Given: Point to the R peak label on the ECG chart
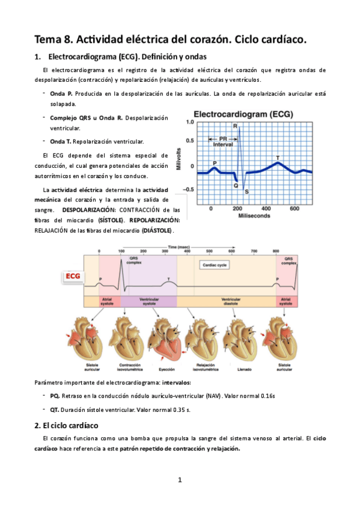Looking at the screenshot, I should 234,126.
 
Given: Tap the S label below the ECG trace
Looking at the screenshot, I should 246,191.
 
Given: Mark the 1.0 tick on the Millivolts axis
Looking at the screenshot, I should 190,122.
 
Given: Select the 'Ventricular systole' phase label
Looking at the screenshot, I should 148,301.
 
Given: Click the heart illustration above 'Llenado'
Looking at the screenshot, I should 245,336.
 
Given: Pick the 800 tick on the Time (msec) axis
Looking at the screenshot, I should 275,250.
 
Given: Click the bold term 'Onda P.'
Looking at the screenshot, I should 61,94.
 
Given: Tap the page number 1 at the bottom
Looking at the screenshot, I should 180,480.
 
